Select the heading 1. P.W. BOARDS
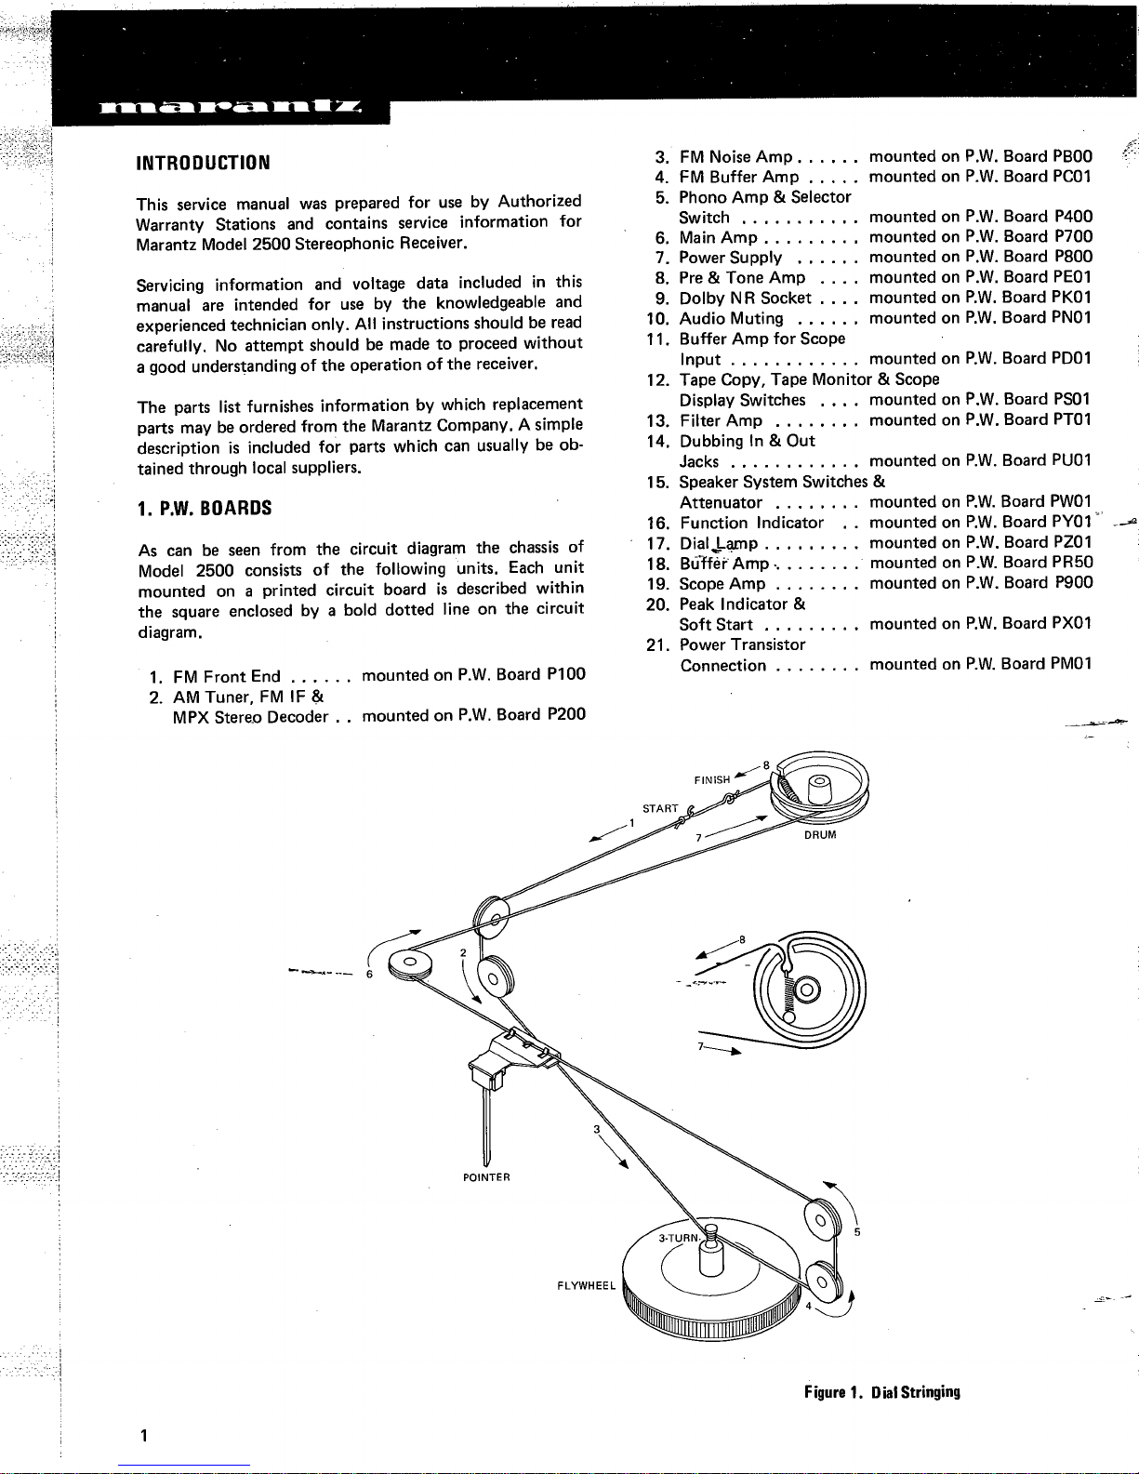click(204, 509)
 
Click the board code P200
click(566, 716)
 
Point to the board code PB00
click(1073, 156)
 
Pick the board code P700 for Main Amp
click(1074, 237)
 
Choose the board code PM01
click(1072, 665)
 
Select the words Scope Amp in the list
click(722, 584)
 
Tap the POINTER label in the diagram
click(486, 1177)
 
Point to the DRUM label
click(820, 835)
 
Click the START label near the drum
click(661, 808)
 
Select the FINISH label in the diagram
click(712, 780)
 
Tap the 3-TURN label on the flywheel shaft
click(677, 1238)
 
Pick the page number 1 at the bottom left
click(142, 1435)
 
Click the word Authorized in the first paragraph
click(539, 202)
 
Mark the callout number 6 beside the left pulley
click(369, 974)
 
